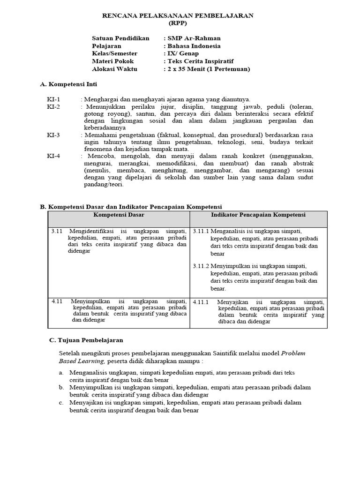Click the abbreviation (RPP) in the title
pyautogui.click(x=178, y=23)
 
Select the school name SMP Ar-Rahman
pyautogui.click(x=191, y=38)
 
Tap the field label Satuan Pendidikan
pyautogui.click(x=121, y=38)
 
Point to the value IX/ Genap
pyautogui.click(x=183, y=53)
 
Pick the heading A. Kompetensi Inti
pyautogui.click(x=68, y=84)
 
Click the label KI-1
pyautogui.click(x=53, y=99)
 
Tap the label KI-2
pyautogui.click(x=53, y=107)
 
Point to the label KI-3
pyautogui.click(x=53, y=135)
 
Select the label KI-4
pyautogui.click(x=53, y=156)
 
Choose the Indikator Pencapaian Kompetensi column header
pyautogui.click(x=258, y=215)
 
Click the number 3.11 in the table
pyautogui.click(x=57, y=231)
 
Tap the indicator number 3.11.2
pyautogui.click(x=201, y=266)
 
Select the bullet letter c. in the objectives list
pyautogui.click(x=61, y=403)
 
